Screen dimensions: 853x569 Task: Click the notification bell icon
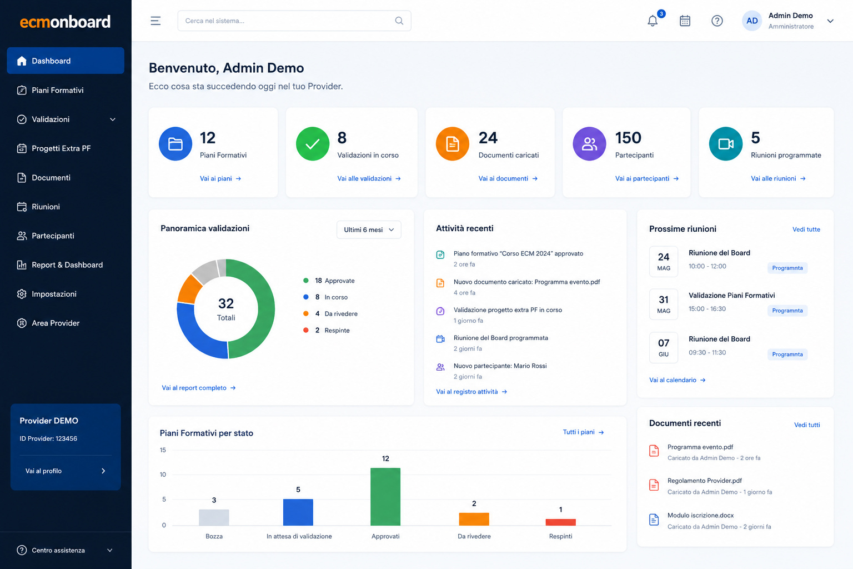pos(653,21)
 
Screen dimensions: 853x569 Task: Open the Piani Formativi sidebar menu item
pos(57,91)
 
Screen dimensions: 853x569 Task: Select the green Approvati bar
pos(385,497)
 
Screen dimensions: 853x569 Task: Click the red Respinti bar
pos(560,522)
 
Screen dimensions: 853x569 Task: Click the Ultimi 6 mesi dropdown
pos(369,230)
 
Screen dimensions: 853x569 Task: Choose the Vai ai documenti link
pos(508,178)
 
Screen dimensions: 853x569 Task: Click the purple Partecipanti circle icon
pos(589,144)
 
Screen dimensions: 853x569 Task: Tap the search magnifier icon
pos(399,21)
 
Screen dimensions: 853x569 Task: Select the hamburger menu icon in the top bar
pos(155,21)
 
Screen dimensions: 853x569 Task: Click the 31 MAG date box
pos(664,304)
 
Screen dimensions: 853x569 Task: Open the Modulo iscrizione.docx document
pos(700,515)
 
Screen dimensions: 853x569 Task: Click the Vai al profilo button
pos(66,471)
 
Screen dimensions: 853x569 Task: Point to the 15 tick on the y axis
pos(163,450)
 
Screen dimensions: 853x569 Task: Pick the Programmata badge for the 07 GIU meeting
pos(787,355)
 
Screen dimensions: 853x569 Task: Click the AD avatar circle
pos(752,21)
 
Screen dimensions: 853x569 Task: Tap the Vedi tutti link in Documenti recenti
pos(807,425)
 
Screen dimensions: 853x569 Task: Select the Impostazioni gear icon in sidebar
pos(22,294)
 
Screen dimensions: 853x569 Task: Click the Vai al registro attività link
pos(471,392)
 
